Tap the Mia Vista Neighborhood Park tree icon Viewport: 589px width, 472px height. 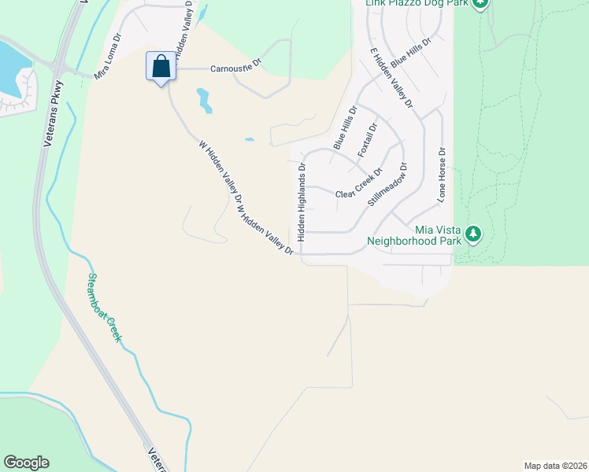click(x=472, y=233)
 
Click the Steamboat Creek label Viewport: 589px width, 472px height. click(x=105, y=307)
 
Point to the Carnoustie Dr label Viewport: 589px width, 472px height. click(x=235, y=69)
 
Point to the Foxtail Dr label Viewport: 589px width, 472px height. click(x=368, y=138)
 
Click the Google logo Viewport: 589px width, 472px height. click(x=26, y=463)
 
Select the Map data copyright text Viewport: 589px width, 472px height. click(x=554, y=465)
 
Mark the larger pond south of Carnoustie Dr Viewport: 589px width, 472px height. click(x=204, y=99)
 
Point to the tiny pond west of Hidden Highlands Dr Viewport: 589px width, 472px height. click(x=250, y=140)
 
